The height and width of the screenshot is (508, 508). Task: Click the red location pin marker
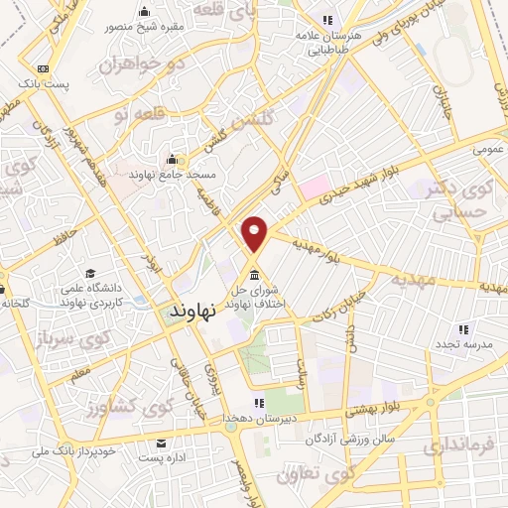(x=255, y=232)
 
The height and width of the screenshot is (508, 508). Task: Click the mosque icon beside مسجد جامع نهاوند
(x=173, y=160)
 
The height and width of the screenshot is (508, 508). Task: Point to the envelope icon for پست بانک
(x=43, y=68)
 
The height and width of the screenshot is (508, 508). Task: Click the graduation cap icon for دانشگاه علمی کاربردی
(x=90, y=273)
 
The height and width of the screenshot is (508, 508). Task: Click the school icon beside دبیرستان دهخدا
(x=259, y=403)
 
